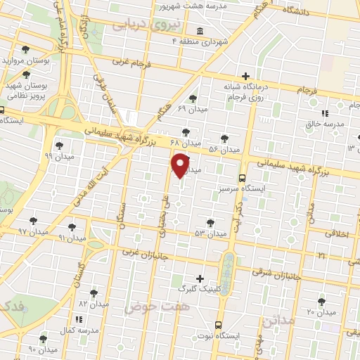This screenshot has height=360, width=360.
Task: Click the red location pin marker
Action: (x=181, y=166)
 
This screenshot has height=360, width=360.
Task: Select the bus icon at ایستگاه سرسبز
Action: (x=242, y=177)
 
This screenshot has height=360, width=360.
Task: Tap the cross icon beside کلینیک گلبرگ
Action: (x=200, y=278)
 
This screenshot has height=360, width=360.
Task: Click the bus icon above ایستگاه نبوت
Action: (x=218, y=326)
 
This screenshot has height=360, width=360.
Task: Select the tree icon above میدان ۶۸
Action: (x=186, y=131)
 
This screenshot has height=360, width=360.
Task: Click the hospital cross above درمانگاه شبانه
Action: (x=245, y=76)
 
